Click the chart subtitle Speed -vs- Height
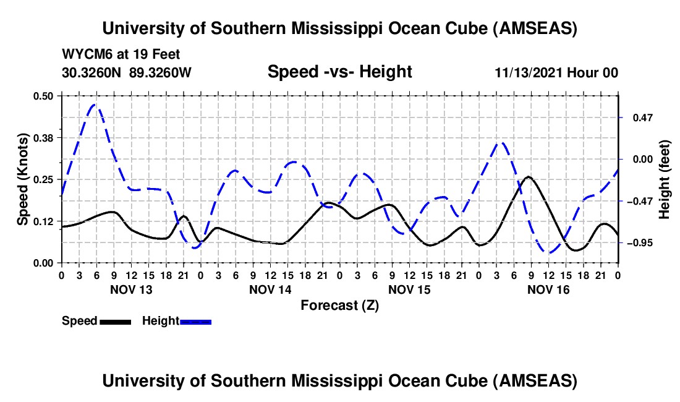point(339,72)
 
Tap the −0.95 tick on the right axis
point(639,243)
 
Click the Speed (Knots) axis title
point(22,179)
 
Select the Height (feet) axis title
point(665,179)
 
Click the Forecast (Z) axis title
point(339,305)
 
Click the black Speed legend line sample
point(115,321)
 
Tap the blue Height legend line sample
point(195,321)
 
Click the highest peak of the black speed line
point(529,177)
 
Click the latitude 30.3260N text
point(93,72)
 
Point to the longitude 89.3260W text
point(161,72)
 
